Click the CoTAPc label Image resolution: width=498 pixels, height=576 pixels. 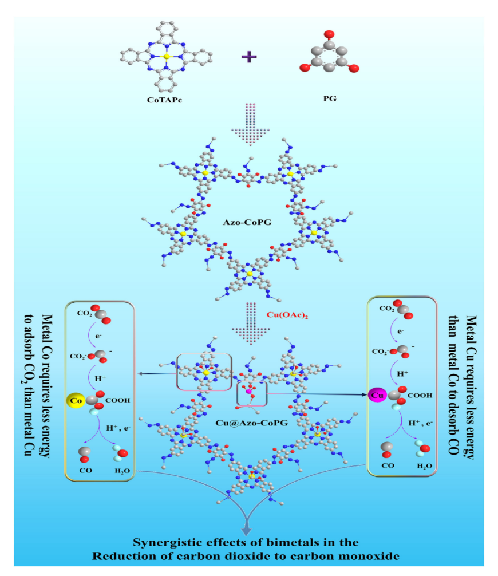tap(165, 98)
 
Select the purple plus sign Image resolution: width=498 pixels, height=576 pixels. tap(247, 57)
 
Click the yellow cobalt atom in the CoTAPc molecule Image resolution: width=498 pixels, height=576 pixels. tap(165, 57)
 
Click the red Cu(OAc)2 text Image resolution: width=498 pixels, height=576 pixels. tap(288, 315)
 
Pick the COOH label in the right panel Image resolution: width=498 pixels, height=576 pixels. tap(421, 395)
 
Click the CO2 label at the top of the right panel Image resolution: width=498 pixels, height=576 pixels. tap(388, 309)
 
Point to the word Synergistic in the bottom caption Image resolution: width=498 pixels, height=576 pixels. tap(173, 542)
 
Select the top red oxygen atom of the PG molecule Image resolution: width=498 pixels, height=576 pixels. tap(327, 34)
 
